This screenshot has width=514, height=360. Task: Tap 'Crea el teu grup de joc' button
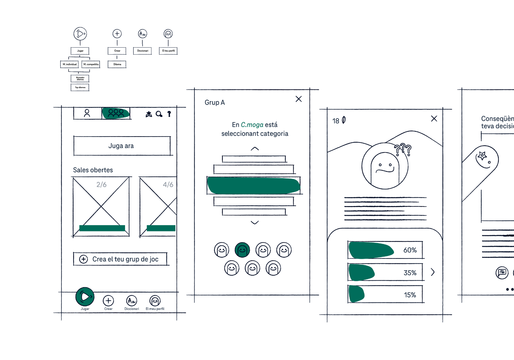click(120, 259)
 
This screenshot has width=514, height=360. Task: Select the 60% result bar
click(385, 250)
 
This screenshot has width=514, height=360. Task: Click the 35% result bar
click(385, 273)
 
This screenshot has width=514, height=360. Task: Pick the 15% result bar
click(385, 294)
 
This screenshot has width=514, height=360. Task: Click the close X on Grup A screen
click(298, 99)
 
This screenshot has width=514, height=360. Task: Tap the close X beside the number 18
click(434, 119)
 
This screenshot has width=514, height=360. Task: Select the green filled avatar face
click(242, 250)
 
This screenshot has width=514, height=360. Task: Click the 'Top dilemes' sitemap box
click(80, 87)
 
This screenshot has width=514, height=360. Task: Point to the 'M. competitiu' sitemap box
click(91, 64)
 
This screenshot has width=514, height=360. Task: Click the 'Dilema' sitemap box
click(117, 64)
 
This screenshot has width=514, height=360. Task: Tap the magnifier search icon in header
click(159, 114)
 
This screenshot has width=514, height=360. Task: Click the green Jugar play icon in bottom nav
click(85, 296)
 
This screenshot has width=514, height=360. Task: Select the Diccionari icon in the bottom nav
click(132, 301)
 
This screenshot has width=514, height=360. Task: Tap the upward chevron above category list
click(255, 148)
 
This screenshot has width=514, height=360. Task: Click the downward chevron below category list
click(255, 222)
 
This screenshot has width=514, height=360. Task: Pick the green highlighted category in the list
click(254, 186)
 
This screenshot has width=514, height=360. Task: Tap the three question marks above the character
click(403, 149)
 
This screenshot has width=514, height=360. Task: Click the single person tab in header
click(87, 113)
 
